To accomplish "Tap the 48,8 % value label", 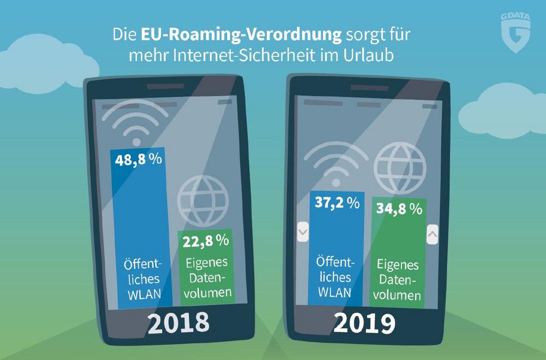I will tap(138, 160).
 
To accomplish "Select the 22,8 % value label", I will tap(206, 240).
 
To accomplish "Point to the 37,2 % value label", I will tap(337, 203).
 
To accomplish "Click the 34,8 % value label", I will tap(400, 208).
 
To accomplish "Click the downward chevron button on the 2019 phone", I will tap(302, 233).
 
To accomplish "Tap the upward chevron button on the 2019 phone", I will tap(432, 235).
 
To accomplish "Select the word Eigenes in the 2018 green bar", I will tap(206, 263).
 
